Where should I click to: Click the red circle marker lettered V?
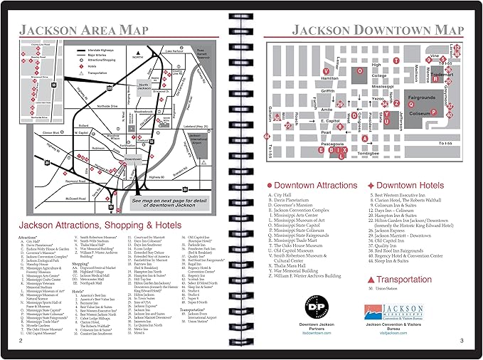[327, 72]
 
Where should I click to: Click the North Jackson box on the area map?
[144, 86]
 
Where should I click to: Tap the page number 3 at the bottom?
[461, 341]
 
